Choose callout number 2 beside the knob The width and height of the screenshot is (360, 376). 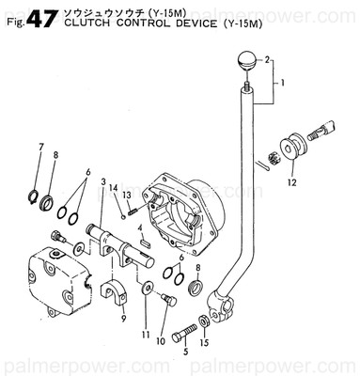point(268,59)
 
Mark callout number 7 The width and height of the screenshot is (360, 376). point(40,145)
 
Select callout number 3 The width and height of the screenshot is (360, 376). point(103,180)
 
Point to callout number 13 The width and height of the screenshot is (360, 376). point(126,194)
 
